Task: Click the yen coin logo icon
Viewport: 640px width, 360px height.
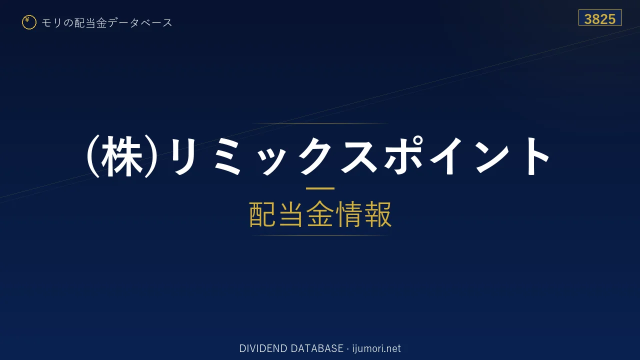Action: [29, 22]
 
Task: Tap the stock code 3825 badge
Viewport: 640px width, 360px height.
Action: [600, 17]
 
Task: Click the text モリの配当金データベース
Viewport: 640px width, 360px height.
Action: [107, 23]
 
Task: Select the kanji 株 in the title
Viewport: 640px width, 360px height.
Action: [122, 156]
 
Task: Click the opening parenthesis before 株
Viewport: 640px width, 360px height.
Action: [93, 156]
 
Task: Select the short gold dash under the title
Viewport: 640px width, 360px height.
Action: [320, 188]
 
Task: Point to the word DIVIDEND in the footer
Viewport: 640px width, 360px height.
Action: [263, 348]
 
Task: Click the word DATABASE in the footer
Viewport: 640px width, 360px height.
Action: [317, 348]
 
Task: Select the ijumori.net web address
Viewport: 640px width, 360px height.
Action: [376, 348]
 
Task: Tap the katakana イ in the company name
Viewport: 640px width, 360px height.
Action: [446, 156]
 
